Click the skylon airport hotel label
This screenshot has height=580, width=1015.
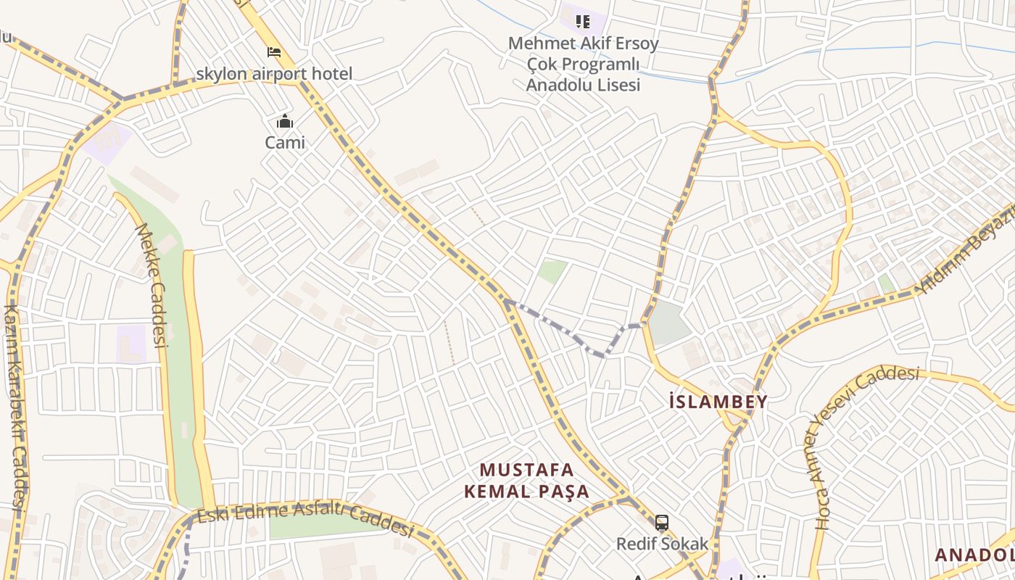274,74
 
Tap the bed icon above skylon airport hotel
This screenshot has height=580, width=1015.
274,52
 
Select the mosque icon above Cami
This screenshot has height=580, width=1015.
285,121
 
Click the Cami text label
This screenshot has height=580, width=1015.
285,142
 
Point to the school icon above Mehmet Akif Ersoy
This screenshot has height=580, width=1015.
583,22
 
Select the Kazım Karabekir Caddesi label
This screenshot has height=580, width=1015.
14,406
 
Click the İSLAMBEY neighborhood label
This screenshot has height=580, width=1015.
718,402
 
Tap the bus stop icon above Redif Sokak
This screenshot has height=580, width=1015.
662,522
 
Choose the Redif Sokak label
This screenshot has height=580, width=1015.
662,543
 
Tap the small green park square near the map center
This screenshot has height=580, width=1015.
552,272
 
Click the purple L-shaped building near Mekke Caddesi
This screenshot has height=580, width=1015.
131,344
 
